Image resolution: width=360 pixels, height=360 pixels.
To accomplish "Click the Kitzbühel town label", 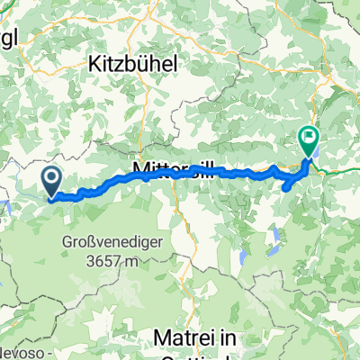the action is pyautogui.click(x=134, y=64).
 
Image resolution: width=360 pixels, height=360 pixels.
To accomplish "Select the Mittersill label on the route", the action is pyautogui.click(x=171, y=169).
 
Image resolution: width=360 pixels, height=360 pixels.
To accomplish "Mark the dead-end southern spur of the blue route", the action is pyautogui.click(x=287, y=188).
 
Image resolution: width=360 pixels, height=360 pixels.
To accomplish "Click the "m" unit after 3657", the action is pyautogui.click(x=130, y=262).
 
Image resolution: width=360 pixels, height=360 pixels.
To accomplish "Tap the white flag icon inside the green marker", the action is pyautogui.click(x=309, y=139).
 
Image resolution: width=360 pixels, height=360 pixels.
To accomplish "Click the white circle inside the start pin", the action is pyautogui.click(x=50, y=178).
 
